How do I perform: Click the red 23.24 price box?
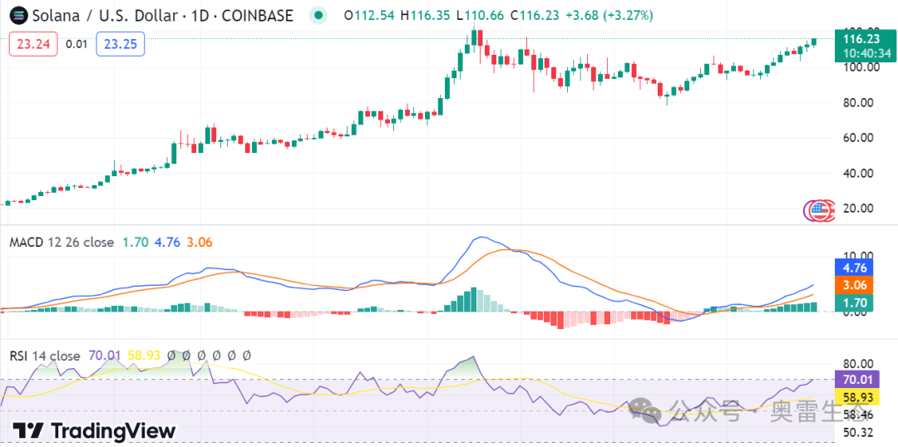(33, 44)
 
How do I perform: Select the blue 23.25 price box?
(121, 44)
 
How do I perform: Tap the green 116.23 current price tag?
(861, 39)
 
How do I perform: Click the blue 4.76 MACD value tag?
(854, 268)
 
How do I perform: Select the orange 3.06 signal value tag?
(854, 286)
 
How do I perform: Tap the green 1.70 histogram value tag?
(854, 303)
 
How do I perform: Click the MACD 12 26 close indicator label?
(62, 243)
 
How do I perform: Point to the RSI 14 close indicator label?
(45, 356)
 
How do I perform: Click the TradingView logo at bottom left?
(94, 430)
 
